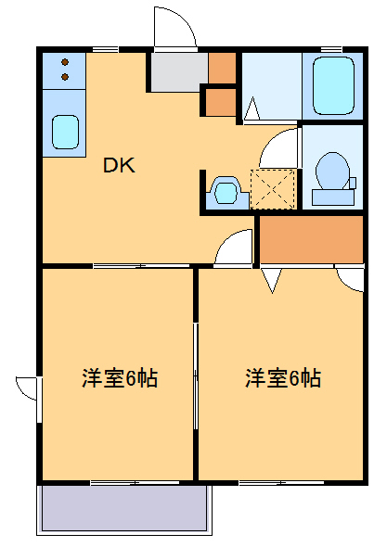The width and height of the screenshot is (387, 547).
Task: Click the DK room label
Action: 119,167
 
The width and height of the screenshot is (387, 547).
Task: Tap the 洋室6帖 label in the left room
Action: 119,378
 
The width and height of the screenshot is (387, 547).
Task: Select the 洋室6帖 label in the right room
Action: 283,378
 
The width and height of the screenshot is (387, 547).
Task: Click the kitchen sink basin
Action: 65,131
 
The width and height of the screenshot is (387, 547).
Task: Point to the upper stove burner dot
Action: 65,62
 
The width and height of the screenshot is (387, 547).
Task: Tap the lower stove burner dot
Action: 65,78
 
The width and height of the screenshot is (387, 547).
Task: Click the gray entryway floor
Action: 178,72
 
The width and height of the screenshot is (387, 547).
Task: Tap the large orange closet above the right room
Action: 310,240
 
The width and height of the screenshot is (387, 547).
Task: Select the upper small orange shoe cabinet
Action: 222,68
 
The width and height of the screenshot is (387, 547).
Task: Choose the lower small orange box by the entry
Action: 220,101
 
